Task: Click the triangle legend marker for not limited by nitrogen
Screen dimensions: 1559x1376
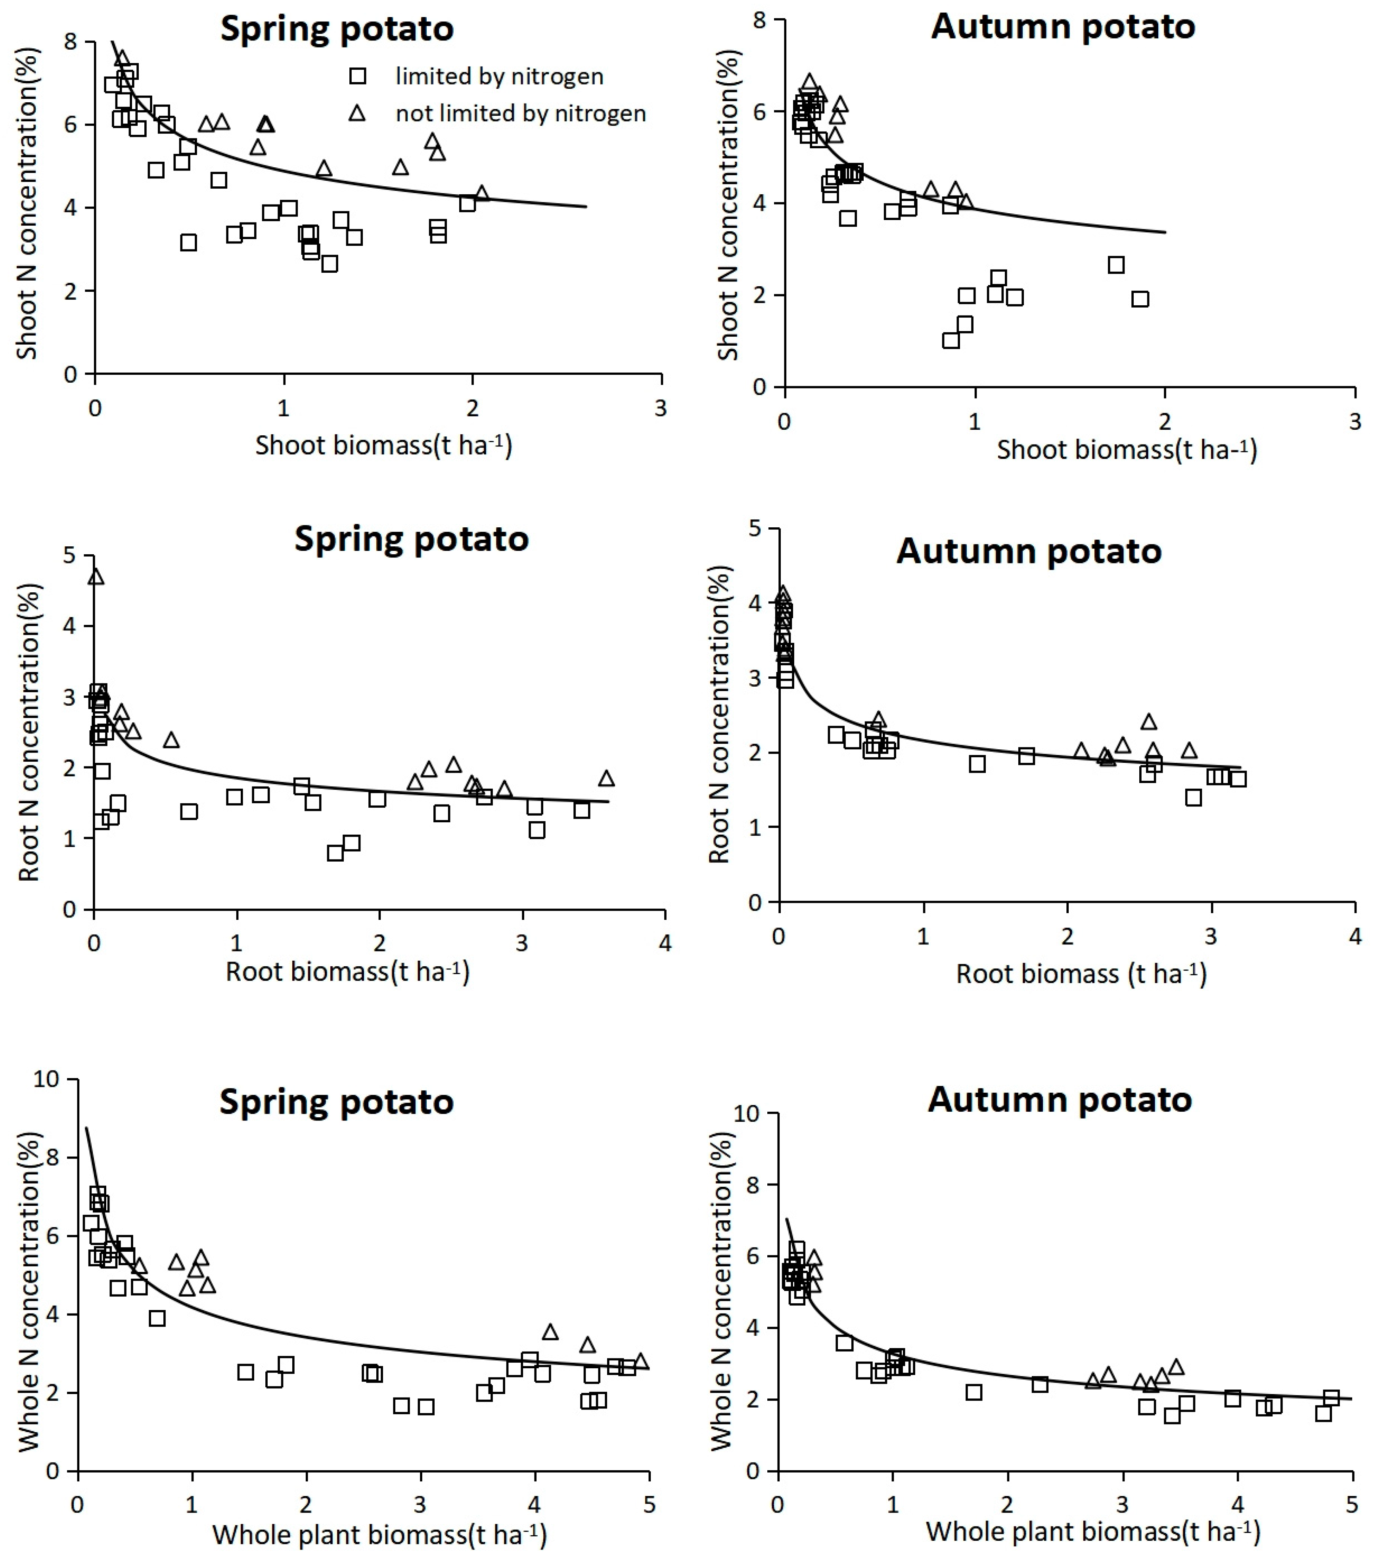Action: tap(357, 114)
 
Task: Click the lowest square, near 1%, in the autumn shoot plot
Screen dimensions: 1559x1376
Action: tap(951, 340)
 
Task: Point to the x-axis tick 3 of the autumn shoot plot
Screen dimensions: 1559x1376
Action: tap(1355, 422)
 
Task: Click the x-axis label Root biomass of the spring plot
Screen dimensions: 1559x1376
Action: tap(347, 971)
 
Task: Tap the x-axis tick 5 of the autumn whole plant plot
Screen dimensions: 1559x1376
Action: tap(1351, 1504)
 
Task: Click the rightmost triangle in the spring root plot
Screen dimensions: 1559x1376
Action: tap(606, 778)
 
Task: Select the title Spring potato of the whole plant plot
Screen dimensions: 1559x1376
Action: tap(336, 1101)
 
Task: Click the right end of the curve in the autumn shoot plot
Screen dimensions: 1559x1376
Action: tap(1165, 232)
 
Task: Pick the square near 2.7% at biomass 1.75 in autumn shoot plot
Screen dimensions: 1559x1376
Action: tap(1116, 265)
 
